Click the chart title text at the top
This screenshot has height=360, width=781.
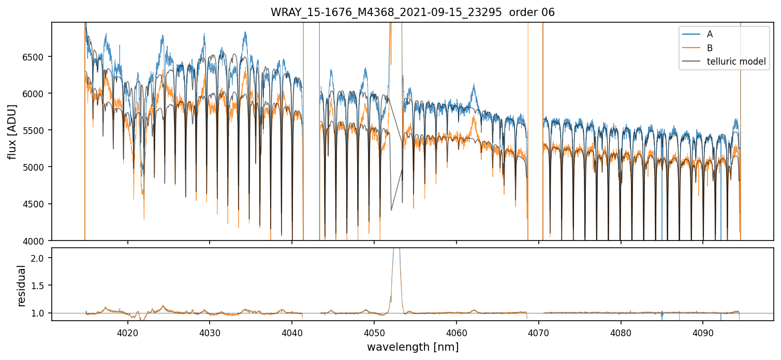[412, 12]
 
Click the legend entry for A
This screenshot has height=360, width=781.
[710, 34]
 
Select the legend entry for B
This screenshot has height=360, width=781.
[710, 48]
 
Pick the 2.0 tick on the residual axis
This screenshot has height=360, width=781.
[41, 258]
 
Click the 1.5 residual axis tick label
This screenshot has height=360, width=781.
[41, 286]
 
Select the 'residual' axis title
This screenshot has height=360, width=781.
[21, 286]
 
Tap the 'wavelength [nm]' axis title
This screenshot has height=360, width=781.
[412, 347]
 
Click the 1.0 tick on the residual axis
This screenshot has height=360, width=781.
[41, 313]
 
